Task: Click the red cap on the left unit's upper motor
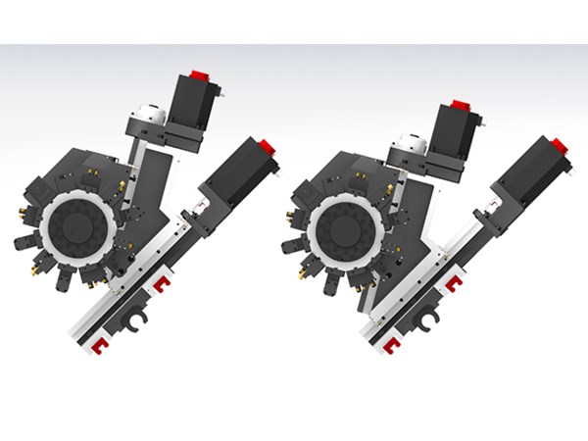200,75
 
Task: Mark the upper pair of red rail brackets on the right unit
454,284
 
